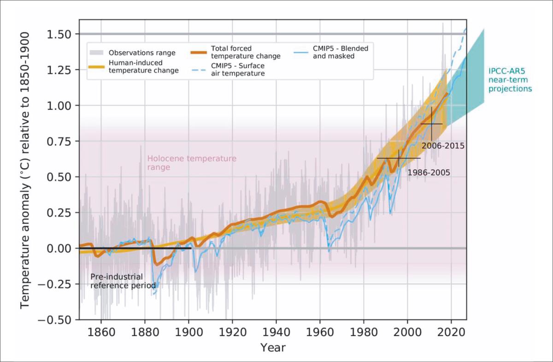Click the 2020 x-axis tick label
point(451,332)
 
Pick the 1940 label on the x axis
point(276,332)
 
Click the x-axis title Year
point(272,347)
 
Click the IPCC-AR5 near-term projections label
point(510,80)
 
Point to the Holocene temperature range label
point(192,163)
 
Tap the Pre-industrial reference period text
point(123,281)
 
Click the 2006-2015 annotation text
point(442,146)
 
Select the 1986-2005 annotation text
point(429,173)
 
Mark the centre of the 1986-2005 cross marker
point(399,158)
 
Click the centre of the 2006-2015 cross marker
point(431,124)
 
